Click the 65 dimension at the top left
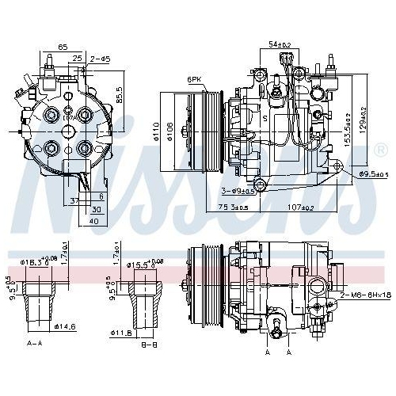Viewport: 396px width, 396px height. (x=63, y=48)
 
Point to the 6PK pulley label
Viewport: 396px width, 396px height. (x=194, y=79)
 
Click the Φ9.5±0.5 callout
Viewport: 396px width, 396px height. (x=371, y=173)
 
